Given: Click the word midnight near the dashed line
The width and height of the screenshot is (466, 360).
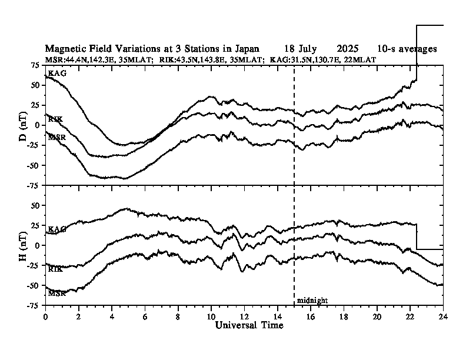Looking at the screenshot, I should coord(312,301).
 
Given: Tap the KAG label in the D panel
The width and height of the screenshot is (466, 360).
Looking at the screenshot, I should coord(57,73).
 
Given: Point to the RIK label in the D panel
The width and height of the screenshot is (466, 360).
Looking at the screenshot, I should coord(55,119).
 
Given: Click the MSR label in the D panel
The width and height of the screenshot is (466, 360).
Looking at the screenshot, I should coord(56,137).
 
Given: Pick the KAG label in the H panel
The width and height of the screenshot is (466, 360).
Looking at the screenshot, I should coord(57,229).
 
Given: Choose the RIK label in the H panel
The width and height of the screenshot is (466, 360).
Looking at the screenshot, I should coord(55,269).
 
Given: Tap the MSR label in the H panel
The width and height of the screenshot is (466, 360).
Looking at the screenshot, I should coord(56,293).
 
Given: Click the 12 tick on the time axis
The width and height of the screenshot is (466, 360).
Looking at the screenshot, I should coord(245,316).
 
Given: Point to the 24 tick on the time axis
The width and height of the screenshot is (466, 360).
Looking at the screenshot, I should coord(443,316).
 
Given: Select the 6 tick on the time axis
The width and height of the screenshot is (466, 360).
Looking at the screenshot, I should coord(145,316).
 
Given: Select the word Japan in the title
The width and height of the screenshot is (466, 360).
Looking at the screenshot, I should coord(245,49).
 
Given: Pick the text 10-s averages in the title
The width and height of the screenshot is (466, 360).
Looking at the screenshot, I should coord(407,49).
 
